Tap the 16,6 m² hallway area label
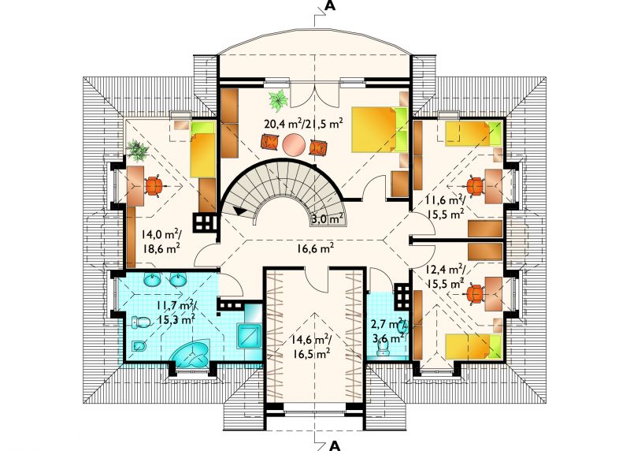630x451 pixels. point(316,248)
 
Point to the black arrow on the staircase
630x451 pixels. point(241,211)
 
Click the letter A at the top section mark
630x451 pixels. point(329,6)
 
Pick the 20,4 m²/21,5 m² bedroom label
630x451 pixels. point(304,123)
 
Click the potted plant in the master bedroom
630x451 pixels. point(278,100)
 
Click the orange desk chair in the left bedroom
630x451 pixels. point(154,186)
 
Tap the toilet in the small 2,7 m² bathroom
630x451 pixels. point(384,349)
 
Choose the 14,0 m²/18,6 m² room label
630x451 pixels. point(161,241)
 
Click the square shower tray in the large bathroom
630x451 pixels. point(250,336)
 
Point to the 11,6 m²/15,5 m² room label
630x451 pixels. point(446,207)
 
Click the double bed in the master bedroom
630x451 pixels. point(380,129)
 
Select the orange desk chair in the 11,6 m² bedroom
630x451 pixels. point(476,186)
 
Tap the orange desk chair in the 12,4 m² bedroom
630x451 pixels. point(476,294)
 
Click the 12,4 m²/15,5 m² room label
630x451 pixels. point(446,277)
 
